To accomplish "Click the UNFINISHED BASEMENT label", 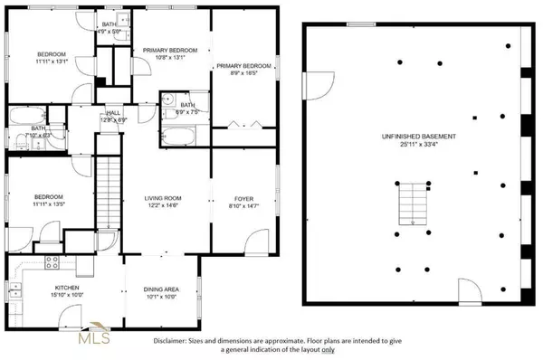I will (x=417, y=136).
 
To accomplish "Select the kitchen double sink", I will (x=19, y=267).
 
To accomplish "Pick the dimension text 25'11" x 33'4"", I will (x=417, y=144).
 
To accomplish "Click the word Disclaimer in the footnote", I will (x=172, y=340).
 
